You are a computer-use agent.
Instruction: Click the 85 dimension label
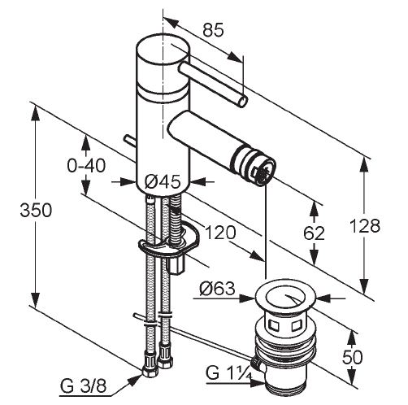coord(214,30)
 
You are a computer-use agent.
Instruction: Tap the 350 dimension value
coord(36,210)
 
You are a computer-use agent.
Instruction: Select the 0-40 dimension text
coord(86,166)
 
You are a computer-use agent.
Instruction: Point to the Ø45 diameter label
coord(163,181)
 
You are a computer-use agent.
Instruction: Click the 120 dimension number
coord(220,233)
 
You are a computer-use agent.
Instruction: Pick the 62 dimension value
coord(314,233)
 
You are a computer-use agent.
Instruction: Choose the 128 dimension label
coord(365,225)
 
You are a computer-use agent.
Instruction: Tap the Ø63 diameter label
coord(217,289)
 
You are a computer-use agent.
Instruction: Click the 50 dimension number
coord(352,357)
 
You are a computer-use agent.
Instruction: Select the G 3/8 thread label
coord(83,387)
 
